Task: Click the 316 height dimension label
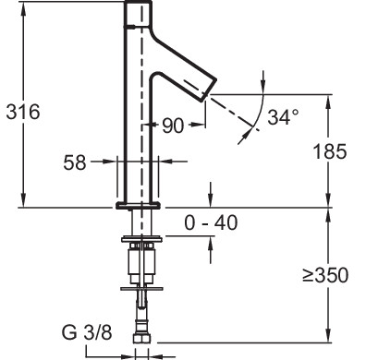coord(23,112)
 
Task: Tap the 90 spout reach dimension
coord(173,126)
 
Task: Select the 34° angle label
coord(283,117)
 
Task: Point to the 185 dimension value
coord(330,151)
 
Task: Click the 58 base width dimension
coord(75,162)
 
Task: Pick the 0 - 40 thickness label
coord(211,222)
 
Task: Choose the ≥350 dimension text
coord(325,275)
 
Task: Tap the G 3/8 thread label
coord(87,332)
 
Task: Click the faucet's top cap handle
coord(138,14)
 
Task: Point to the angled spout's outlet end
coord(209,90)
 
